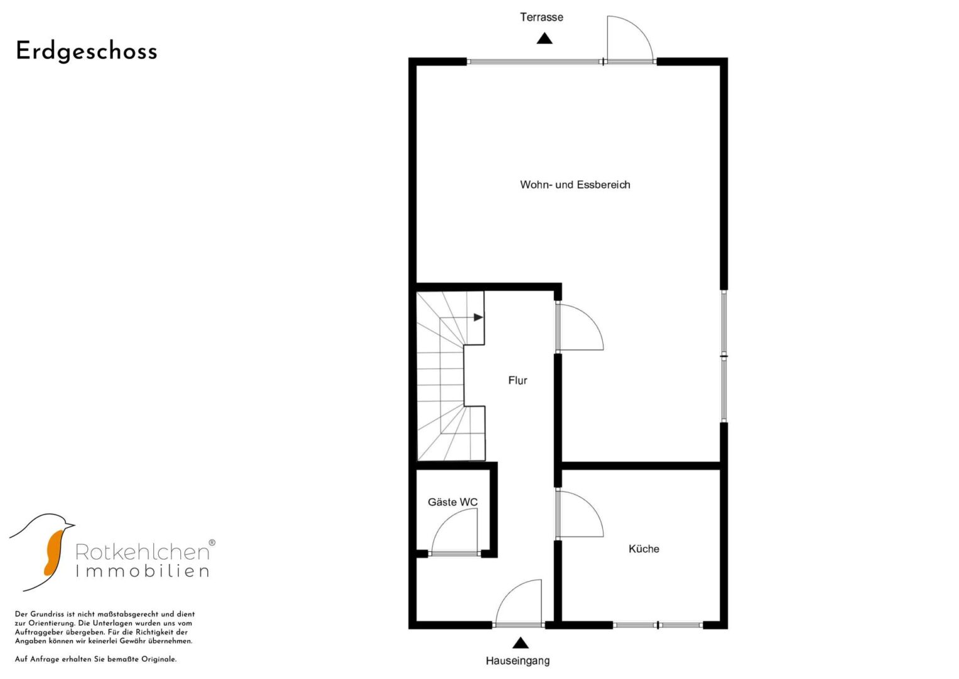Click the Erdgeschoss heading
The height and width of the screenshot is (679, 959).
(x=87, y=52)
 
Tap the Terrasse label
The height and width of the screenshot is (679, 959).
(x=541, y=17)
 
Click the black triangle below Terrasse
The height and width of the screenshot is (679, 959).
(x=544, y=38)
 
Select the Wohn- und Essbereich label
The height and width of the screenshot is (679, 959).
(x=575, y=185)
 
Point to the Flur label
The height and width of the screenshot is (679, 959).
(x=517, y=380)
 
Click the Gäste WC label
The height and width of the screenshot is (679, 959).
(x=453, y=502)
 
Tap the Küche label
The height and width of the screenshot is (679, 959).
(x=644, y=549)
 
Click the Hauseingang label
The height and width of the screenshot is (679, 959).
(x=517, y=661)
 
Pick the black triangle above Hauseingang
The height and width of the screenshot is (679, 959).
(x=520, y=643)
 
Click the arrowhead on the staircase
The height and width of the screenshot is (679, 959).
(x=478, y=317)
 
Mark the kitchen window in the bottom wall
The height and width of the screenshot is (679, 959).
(x=658, y=626)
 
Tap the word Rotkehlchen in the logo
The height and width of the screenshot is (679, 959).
(x=142, y=553)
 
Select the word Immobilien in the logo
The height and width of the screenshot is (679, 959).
(x=142, y=571)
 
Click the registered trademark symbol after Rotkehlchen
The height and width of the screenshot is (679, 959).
(x=212, y=543)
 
